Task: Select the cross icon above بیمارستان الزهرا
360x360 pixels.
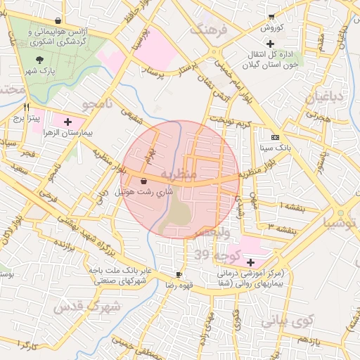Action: tap(67, 122)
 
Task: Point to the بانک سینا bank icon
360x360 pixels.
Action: tap(274, 137)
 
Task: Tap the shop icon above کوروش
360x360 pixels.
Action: tap(271, 17)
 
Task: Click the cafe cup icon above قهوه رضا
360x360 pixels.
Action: tap(179, 274)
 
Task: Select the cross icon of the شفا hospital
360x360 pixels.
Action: tap(250, 262)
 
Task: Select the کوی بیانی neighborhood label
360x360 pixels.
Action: tap(285, 322)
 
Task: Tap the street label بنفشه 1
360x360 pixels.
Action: tap(290, 206)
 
